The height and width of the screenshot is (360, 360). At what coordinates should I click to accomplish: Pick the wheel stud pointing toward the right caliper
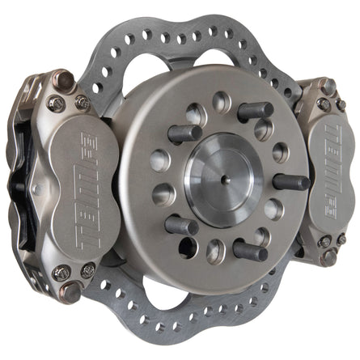click(x=290, y=181)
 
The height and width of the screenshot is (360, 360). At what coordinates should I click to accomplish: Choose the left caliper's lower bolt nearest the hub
click(x=87, y=270)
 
